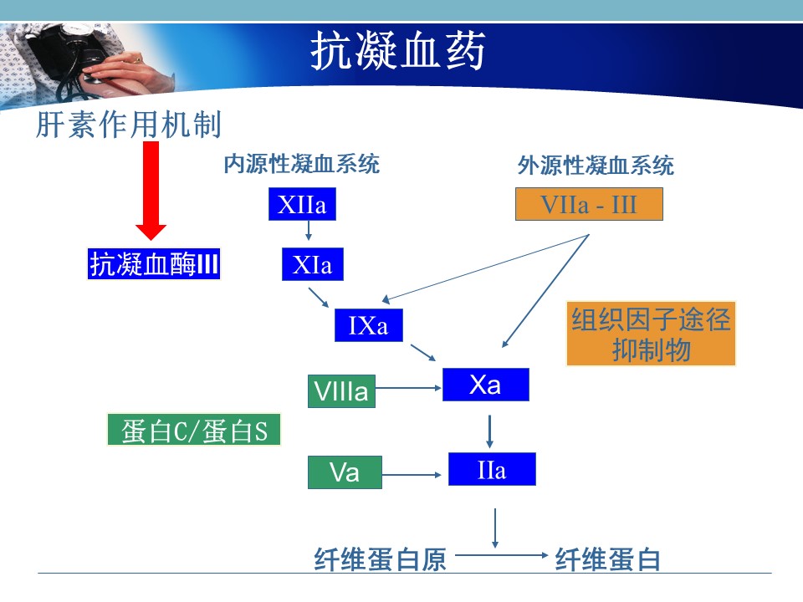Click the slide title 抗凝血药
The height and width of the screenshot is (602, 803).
[398, 50]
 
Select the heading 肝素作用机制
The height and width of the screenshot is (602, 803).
[129, 125]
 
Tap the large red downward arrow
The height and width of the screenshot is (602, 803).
[151, 191]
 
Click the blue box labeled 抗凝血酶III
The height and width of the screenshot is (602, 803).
[154, 264]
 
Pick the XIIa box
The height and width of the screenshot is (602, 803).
[302, 204]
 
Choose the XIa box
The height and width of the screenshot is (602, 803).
[312, 264]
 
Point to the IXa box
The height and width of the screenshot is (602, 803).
[369, 325]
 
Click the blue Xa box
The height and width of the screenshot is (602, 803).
[485, 385]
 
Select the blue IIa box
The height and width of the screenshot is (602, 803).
[492, 469]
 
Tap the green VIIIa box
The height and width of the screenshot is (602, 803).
[341, 391]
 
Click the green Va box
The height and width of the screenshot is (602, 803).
[345, 472]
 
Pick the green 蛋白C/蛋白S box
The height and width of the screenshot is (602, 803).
[194, 430]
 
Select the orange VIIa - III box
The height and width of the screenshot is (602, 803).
[589, 204]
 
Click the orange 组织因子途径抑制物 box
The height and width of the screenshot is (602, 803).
[651, 334]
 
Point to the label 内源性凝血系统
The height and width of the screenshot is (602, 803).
[302, 165]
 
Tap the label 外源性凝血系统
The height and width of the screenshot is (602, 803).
[596, 166]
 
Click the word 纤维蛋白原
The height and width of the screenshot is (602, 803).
[380, 559]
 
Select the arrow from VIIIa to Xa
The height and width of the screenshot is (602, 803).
[408, 388]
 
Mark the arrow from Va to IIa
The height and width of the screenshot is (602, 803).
[412, 475]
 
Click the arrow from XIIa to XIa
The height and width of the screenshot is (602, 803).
[309, 231]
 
